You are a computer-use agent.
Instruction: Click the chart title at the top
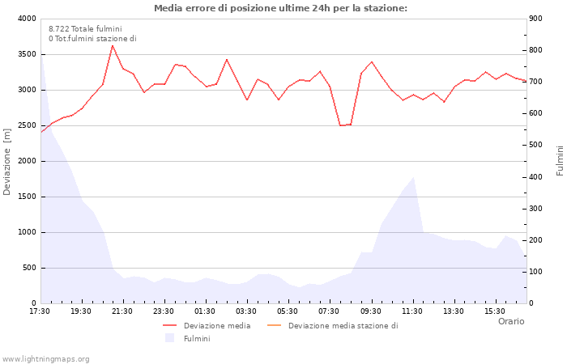coord(280,8)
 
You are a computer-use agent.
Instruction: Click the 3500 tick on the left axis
coord(26,54)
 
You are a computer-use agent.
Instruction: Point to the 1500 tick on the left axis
coord(26,197)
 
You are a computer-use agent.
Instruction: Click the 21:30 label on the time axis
coord(122,311)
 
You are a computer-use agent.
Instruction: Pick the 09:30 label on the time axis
coord(371,311)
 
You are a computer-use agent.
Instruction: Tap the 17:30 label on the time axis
coord(40,311)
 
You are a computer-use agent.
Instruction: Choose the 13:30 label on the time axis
coord(454,311)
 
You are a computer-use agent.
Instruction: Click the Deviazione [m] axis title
coord(7,161)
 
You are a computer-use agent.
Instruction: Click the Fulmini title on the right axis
coord(560,161)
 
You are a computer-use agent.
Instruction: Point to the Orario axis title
coord(510,321)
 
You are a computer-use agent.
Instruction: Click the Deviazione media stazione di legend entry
coord(343,326)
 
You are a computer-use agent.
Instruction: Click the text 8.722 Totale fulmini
coord(85,28)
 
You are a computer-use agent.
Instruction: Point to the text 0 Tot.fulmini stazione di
coord(92,38)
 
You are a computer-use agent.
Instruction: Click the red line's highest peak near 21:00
coord(113,45)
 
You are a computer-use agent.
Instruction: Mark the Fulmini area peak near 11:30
coord(413,177)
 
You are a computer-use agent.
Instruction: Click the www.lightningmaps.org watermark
coord(46,359)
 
